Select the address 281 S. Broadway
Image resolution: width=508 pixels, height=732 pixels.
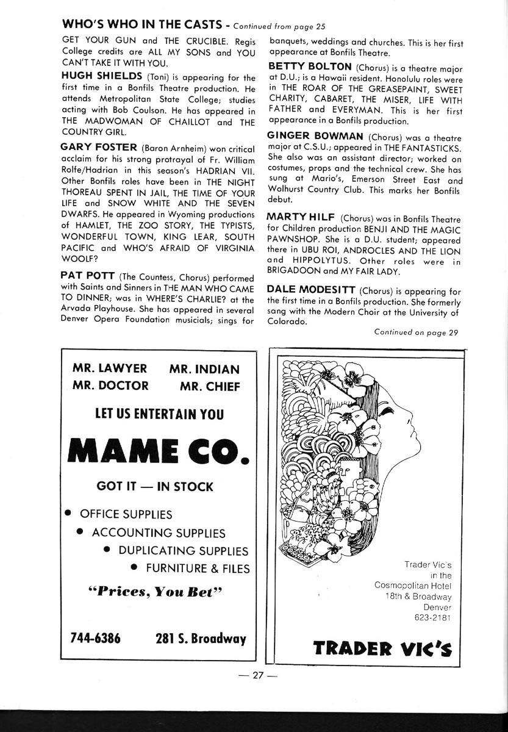pos(201,639)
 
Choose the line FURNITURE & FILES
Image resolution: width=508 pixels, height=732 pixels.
pos(198,569)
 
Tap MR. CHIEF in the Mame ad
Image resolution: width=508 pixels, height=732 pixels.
pos(210,386)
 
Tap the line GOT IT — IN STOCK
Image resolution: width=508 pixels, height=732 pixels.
pos(155,486)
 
